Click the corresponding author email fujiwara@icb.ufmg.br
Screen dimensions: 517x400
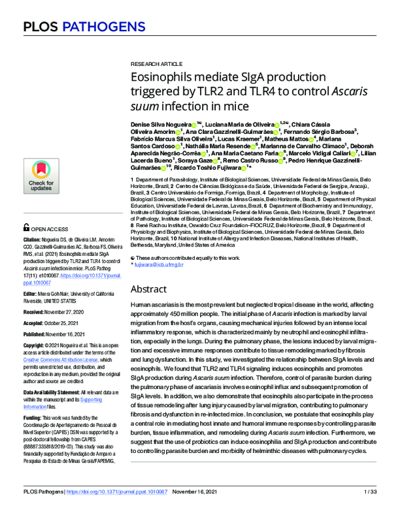[x=164, y=264]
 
